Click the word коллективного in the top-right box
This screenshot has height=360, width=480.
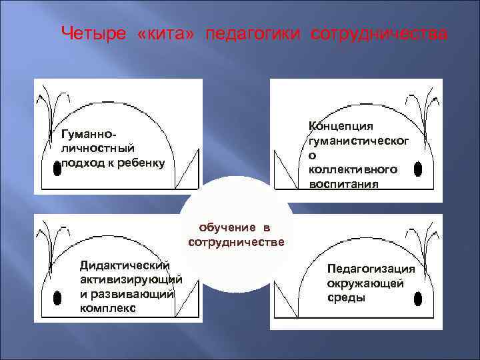[353, 169]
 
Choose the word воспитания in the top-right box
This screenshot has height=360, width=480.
[343, 184]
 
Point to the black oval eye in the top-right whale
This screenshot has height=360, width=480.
[417, 169]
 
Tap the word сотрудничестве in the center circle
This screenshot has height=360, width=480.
[236, 241]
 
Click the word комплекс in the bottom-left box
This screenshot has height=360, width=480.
[107, 308]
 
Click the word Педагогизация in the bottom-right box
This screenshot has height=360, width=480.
[371, 269]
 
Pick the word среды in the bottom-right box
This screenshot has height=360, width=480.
[346, 298]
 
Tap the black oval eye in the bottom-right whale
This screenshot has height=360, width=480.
[419, 295]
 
